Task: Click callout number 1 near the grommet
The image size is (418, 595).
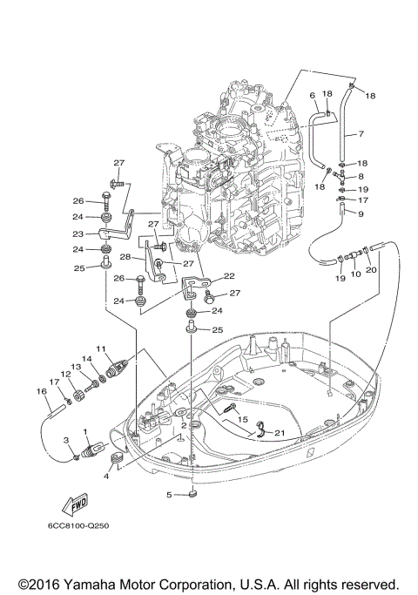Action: click(84, 431)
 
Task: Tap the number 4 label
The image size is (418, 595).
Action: click(106, 477)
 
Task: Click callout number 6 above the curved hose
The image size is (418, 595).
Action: click(313, 94)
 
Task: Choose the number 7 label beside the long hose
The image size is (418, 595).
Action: click(360, 135)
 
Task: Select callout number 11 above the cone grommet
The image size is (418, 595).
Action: click(101, 349)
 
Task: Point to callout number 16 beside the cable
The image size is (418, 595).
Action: click(41, 391)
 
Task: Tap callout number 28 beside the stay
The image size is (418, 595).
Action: click(125, 258)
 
